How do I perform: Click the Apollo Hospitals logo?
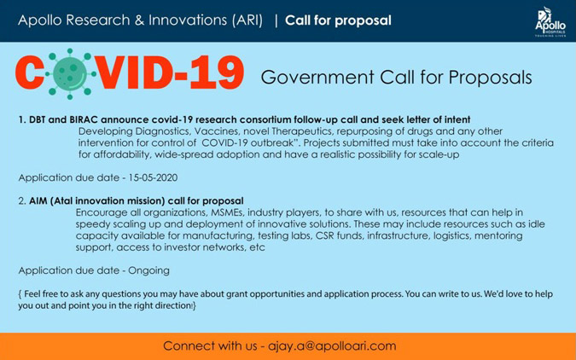[x=550, y=22]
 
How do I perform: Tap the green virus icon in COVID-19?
[x=70, y=74]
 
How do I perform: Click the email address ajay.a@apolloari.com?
[x=332, y=346]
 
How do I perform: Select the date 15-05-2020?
[x=153, y=177]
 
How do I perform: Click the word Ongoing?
[x=148, y=270]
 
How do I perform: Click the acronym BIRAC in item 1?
[x=84, y=119]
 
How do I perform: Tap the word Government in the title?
[x=317, y=78]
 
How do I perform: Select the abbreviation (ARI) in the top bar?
[x=247, y=20]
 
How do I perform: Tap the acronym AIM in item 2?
[x=38, y=201]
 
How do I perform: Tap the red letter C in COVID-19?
[x=30, y=73]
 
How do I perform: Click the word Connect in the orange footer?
[x=187, y=346]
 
